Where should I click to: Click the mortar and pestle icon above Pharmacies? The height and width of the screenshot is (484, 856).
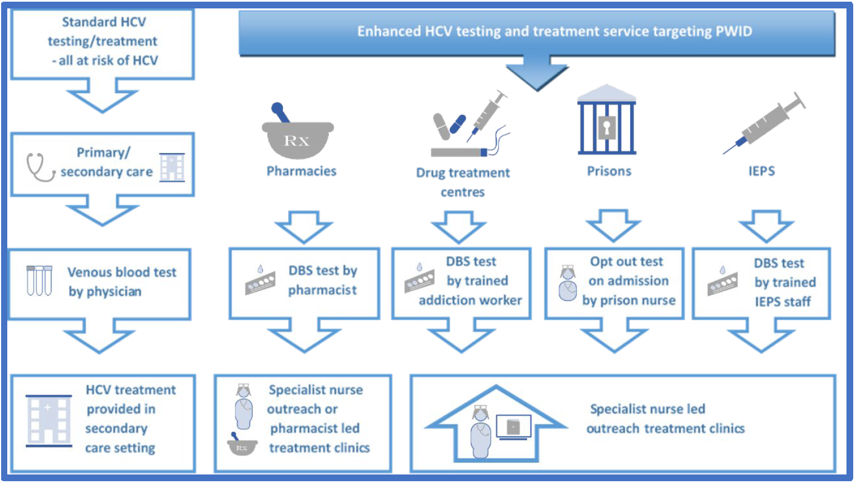pos(297,135)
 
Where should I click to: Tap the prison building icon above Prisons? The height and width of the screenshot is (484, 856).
pos(607,121)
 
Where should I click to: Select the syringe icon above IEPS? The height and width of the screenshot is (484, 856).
pos(764,123)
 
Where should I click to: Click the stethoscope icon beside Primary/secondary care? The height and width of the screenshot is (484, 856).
pos(39,167)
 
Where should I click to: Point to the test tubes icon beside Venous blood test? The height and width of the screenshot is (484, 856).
pos(39,280)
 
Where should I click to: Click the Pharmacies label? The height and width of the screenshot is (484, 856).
pos(301,171)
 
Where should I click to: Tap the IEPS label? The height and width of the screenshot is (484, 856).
pos(761,171)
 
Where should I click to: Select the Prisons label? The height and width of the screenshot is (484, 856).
pos(609,171)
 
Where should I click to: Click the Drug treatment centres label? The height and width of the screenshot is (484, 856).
pos(463,182)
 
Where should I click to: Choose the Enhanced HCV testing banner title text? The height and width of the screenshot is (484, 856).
pos(555,31)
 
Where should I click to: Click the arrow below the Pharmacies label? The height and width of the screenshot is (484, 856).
pos(304,226)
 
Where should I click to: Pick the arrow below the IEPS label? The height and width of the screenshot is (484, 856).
pos(766,225)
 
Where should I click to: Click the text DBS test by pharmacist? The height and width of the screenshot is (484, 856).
pos(323,280)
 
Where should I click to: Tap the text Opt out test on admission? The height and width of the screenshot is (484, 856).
pos(627,271)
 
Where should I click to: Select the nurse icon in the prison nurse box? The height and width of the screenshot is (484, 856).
pos(567,283)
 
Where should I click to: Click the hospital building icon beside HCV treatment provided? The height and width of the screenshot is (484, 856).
pos(49,421)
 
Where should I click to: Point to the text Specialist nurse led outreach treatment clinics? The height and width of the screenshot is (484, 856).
pos(665,418)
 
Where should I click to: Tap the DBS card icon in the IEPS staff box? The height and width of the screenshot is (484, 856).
pos(723,282)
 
